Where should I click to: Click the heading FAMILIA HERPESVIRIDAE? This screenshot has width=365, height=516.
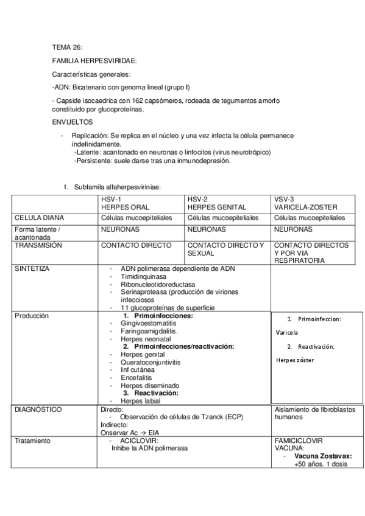tap(94, 61)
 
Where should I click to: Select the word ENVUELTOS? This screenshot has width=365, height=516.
tap(72, 122)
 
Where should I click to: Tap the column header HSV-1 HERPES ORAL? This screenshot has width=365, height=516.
tap(125, 203)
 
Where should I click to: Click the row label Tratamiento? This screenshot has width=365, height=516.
tap(34, 440)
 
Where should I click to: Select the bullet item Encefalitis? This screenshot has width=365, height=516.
tap(136, 377)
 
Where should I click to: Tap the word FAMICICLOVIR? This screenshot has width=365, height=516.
tap(299, 440)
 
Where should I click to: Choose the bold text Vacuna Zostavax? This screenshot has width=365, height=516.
tap(323, 456)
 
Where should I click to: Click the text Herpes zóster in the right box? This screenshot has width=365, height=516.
tap(294, 360)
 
